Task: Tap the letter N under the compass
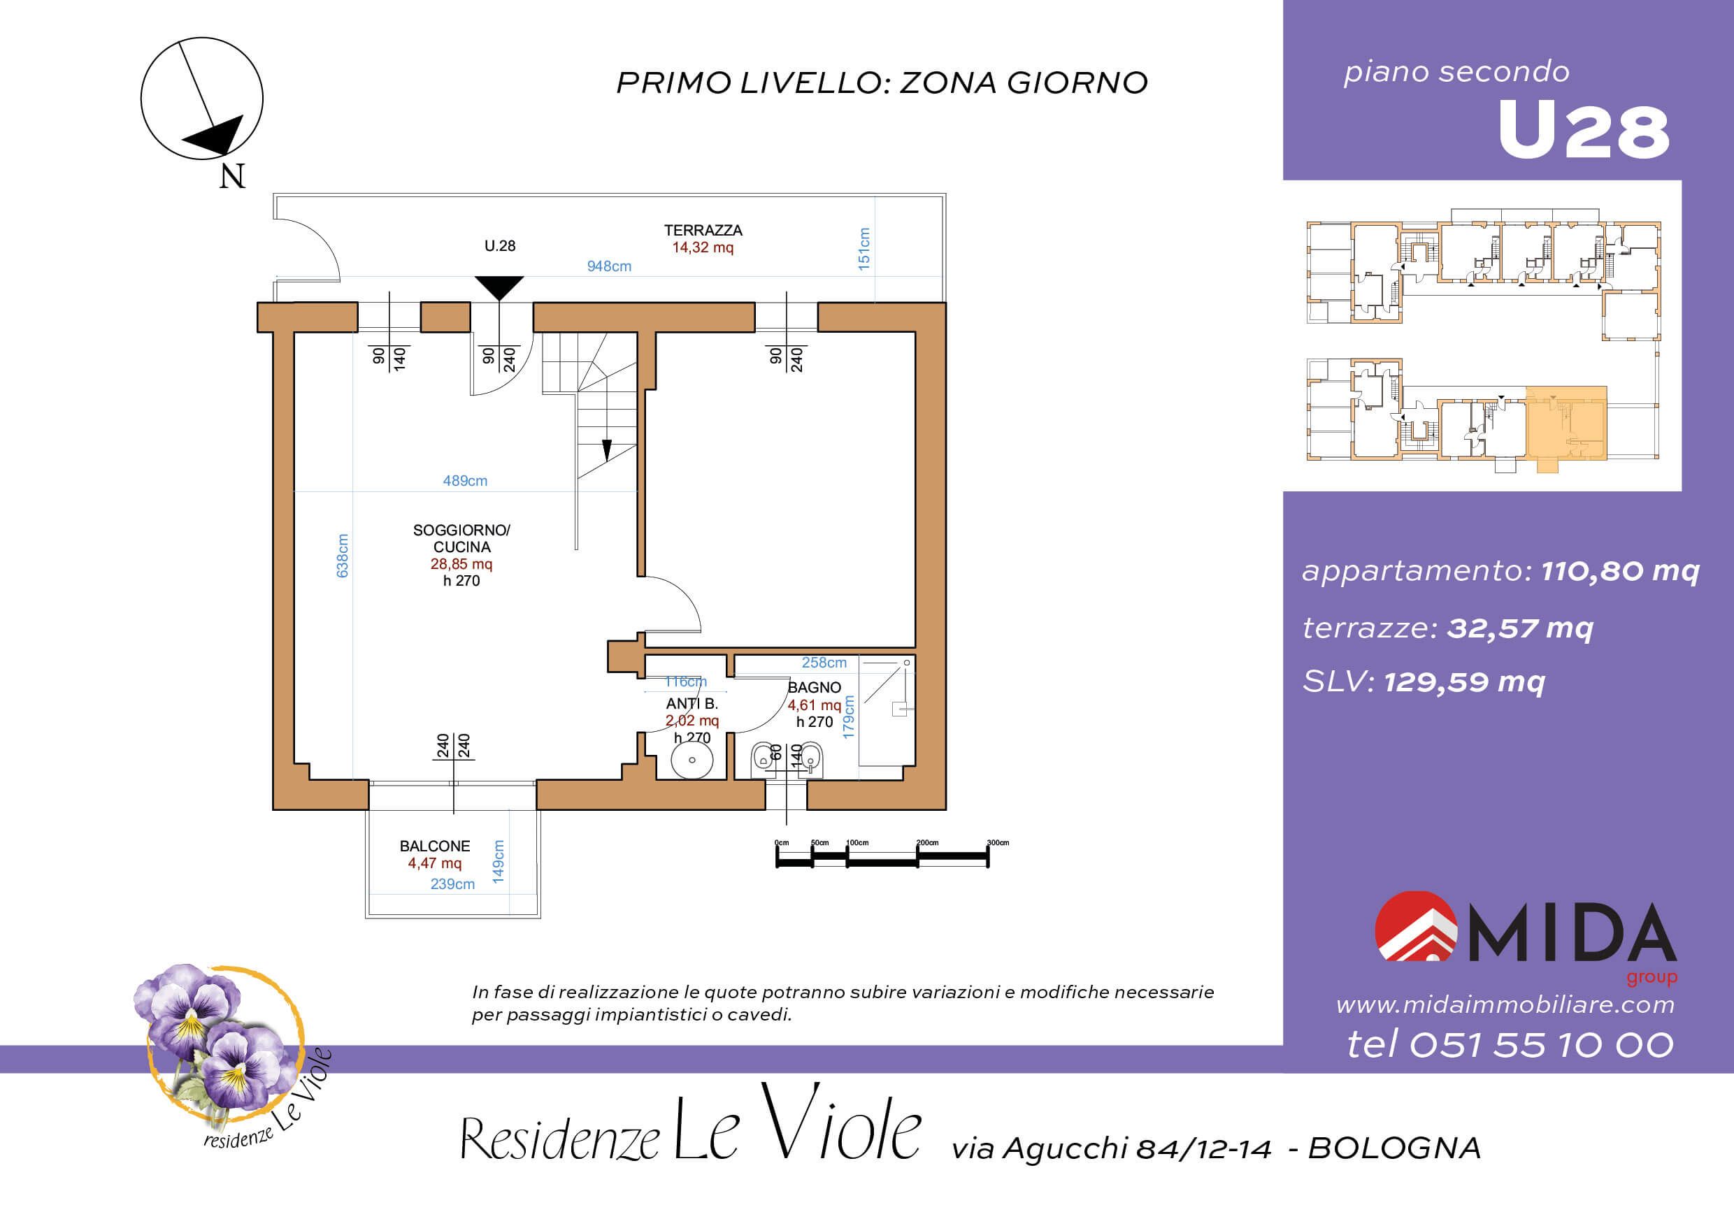coord(232,176)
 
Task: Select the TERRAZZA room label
coord(703,230)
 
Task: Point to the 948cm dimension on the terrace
coord(609,266)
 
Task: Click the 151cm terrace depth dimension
coord(864,248)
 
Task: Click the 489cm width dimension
coord(464,481)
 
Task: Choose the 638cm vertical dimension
coord(342,556)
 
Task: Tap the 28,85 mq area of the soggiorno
coord(461,564)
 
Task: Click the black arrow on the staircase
coord(606,450)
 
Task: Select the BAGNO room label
coord(814,688)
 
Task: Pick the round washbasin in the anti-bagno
coord(691,760)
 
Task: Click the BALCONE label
coord(434,846)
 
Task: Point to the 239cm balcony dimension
coord(452,884)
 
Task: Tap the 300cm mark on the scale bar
coord(997,842)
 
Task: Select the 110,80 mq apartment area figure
coord(1620,571)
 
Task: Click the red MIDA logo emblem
coord(1415,926)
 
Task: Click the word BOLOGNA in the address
coord(1394,1148)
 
